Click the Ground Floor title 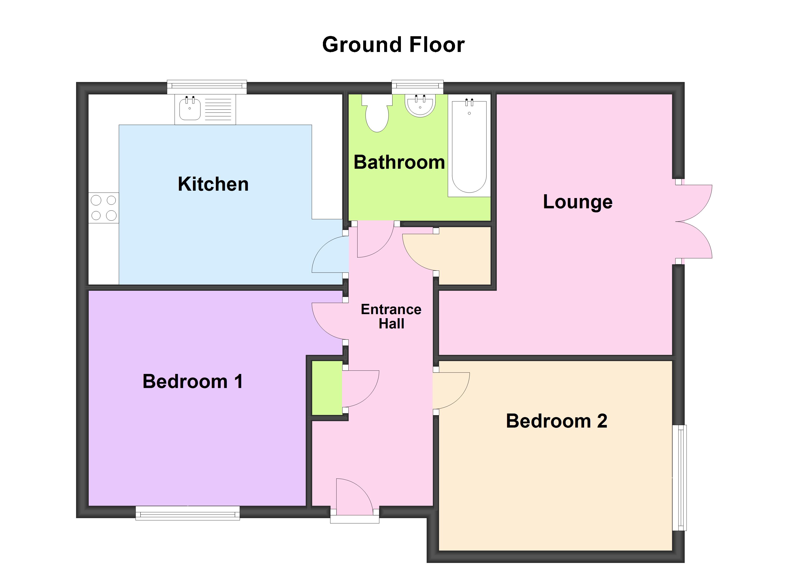[393, 45]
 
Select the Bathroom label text [399, 162]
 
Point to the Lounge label [578, 202]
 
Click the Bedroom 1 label [193, 382]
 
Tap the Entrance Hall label [391, 316]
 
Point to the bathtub [469, 146]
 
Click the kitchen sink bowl [190, 109]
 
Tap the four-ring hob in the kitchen [104, 208]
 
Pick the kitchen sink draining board [218, 109]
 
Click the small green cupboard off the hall [327, 388]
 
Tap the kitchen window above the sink [207, 87]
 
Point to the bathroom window [417, 87]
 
